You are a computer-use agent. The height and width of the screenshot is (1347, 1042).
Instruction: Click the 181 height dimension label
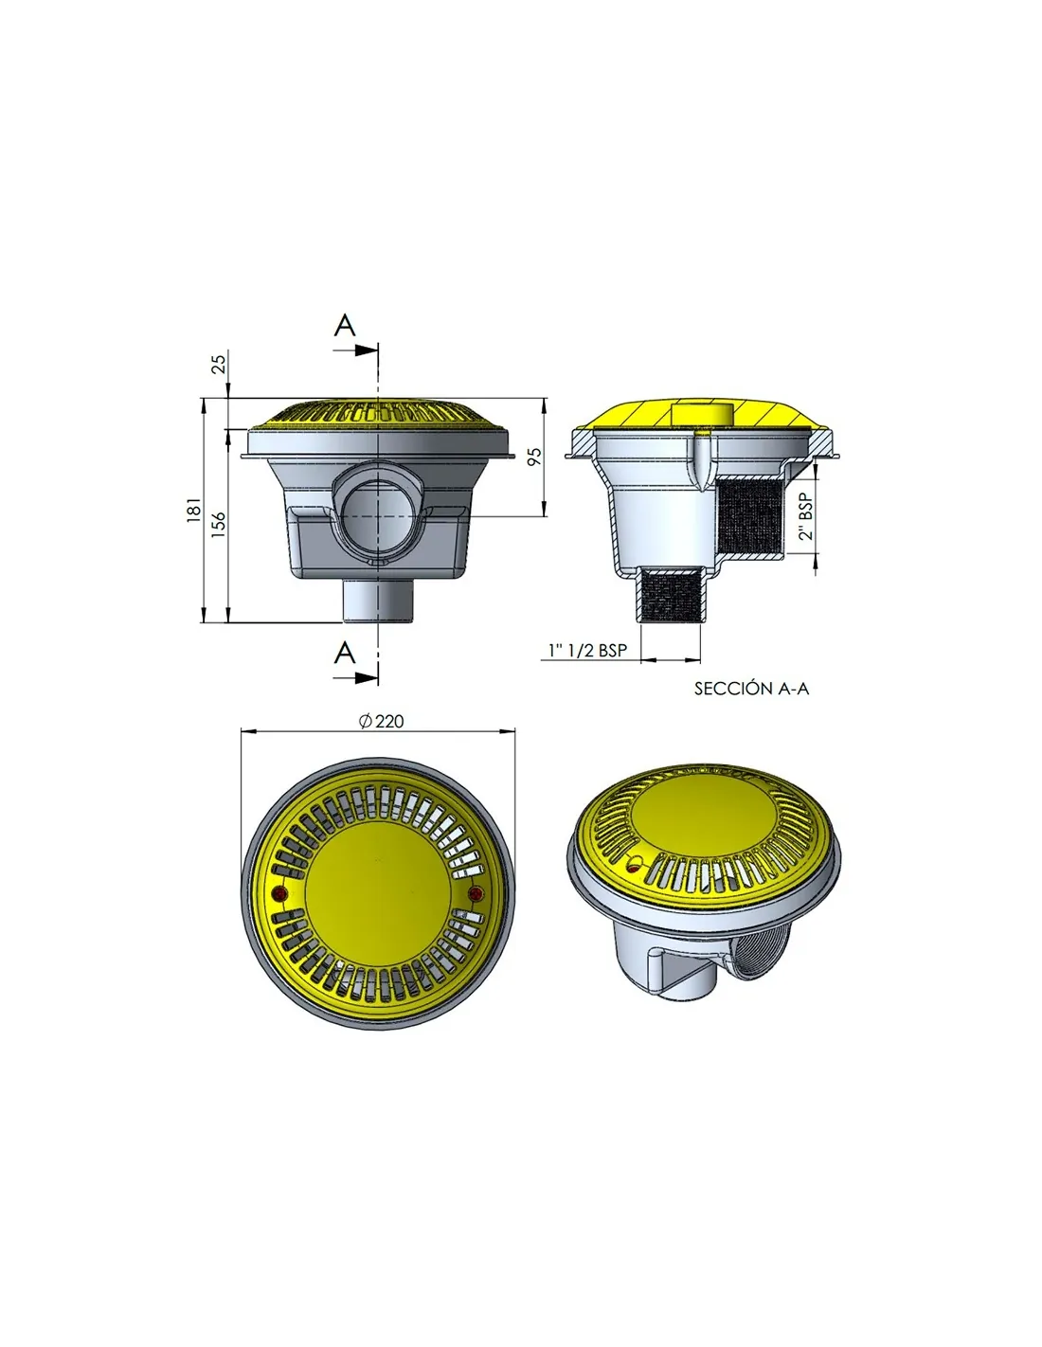click(194, 509)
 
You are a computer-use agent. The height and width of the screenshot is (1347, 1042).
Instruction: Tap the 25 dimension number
click(219, 363)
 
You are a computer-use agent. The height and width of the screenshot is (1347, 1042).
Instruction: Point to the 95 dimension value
click(533, 456)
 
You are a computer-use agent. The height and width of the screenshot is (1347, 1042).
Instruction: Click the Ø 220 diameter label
click(381, 721)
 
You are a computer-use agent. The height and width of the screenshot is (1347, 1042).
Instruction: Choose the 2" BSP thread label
click(805, 517)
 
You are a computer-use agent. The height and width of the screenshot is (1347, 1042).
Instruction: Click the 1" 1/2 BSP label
click(587, 650)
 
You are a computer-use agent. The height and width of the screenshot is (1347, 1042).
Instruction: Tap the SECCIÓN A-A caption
click(751, 689)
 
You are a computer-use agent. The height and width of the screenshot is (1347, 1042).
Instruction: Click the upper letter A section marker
click(345, 325)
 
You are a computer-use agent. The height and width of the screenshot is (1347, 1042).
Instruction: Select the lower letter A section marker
click(345, 653)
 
